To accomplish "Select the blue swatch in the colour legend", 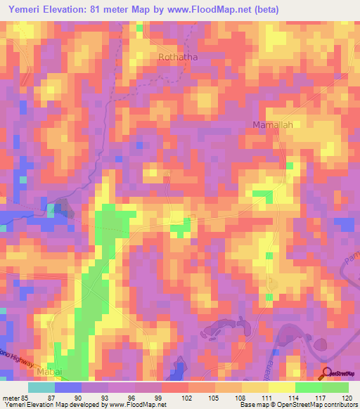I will [68, 387].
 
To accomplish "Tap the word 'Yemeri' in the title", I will [20, 10].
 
